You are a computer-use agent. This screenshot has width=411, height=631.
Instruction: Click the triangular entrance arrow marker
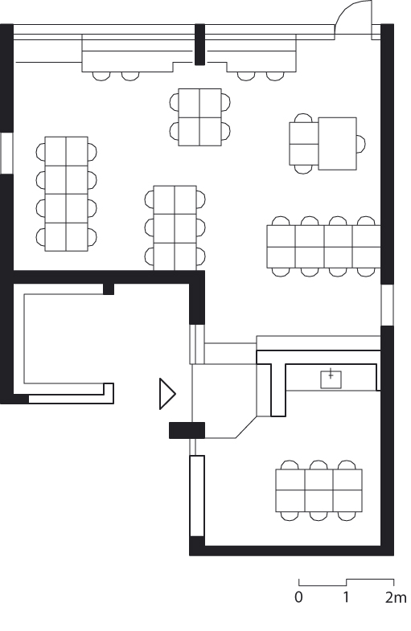(166, 394)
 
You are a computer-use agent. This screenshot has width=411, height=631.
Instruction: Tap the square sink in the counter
(331, 379)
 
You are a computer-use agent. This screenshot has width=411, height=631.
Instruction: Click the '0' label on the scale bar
(298, 597)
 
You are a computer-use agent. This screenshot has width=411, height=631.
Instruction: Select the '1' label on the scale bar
(346, 597)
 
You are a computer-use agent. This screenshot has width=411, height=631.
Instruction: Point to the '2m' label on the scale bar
(396, 597)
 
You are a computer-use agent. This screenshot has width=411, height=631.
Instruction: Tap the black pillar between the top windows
(199, 44)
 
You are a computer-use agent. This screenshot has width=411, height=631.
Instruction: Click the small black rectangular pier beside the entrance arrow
(187, 430)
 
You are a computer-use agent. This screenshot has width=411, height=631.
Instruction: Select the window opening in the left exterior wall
(7, 153)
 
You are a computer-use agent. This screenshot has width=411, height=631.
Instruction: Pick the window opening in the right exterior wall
(387, 305)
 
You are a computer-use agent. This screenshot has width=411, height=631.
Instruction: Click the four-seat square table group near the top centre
(199, 117)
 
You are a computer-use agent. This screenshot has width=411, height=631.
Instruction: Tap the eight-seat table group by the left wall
(67, 194)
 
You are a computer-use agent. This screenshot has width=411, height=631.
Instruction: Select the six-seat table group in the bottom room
(319, 490)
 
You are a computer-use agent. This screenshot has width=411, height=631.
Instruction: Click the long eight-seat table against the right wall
(323, 247)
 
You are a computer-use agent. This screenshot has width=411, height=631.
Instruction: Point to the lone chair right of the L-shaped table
(360, 144)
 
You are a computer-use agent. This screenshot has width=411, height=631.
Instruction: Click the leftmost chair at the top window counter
(101, 76)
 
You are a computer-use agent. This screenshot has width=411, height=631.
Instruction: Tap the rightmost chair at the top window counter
(275, 76)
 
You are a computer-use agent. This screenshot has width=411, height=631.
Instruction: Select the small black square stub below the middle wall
(109, 289)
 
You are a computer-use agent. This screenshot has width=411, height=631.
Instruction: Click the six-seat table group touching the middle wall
(175, 227)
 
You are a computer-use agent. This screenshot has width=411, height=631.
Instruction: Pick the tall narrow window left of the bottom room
(197, 496)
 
